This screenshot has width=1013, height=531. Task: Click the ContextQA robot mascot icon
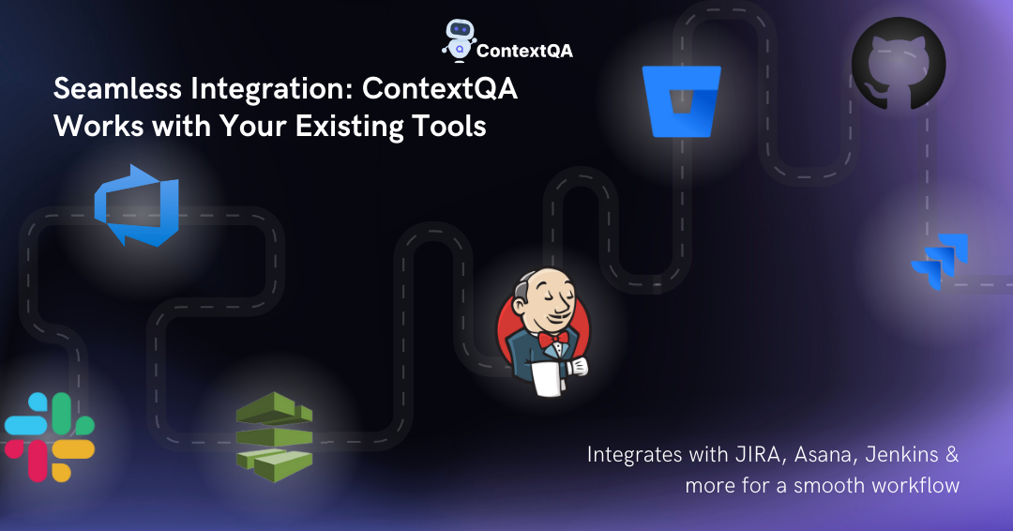[459, 40]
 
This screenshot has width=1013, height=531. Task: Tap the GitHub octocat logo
[899, 64]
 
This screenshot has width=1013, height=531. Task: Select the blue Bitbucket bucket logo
[681, 101]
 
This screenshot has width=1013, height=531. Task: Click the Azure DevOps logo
[136, 205]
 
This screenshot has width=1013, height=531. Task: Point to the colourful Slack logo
[50, 437]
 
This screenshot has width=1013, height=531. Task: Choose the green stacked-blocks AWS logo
[275, 436]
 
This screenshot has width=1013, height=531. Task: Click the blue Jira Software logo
[939, 261]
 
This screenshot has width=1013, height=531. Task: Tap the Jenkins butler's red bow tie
[553, 339]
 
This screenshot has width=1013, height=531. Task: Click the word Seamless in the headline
[117, 88]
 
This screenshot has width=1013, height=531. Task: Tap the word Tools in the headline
[449, 126]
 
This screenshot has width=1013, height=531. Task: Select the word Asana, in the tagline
[825, 455]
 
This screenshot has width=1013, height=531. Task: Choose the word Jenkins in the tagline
[901, 454]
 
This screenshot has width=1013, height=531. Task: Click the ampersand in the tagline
[952, 454]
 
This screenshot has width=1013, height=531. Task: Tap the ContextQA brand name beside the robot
[524, 51]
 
